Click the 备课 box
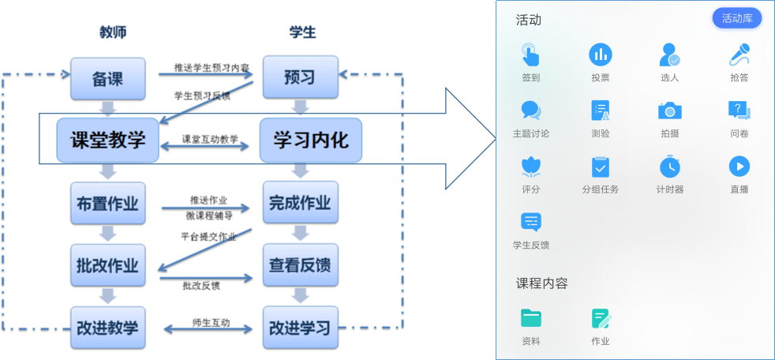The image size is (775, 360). [108, 78]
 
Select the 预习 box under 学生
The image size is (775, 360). [300, 77]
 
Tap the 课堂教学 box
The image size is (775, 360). [107, 141]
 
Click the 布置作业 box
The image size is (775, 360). [107, 204]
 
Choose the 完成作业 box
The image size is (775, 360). [300, 204]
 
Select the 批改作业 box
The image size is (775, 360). [107, 266]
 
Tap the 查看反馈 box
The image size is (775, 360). [300, 266]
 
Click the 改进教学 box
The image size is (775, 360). [107, 327]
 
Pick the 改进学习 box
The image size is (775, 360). [300, 327]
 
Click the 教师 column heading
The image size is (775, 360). [113, 32]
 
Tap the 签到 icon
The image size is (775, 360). [530, 54]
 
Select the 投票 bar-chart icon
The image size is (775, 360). [601, 54]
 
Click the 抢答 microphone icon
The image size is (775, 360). [739, 54]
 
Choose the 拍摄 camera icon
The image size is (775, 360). [670, 111]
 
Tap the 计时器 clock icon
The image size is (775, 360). [670, 167]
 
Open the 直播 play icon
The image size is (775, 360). [739, 166]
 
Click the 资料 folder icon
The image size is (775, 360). [530, 318]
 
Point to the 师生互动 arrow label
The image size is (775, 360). [211, 323]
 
